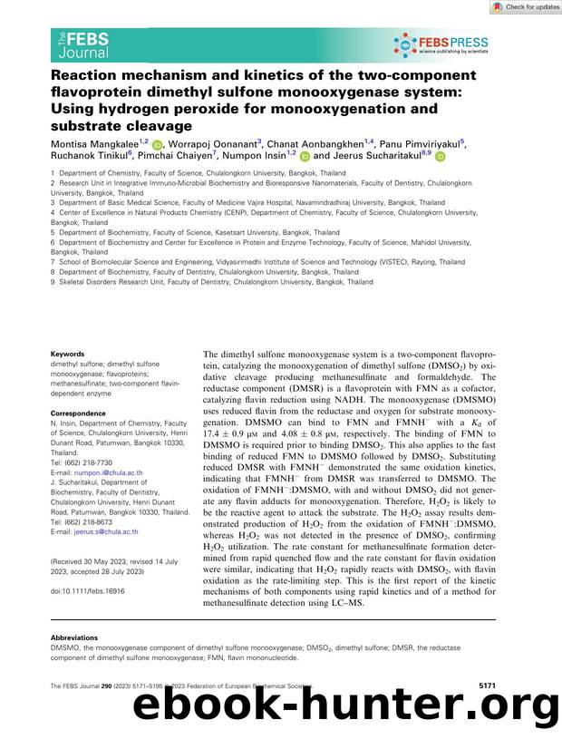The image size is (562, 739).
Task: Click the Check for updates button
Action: click(526, 7)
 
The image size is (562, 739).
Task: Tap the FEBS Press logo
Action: click(441, 43)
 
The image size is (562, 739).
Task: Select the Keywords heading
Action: click(67, 354)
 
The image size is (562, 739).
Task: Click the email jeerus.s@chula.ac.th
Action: click(105, 532)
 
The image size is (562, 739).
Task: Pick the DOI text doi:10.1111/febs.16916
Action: click(88, 590)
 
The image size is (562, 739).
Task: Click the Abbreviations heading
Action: click(77, 637)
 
